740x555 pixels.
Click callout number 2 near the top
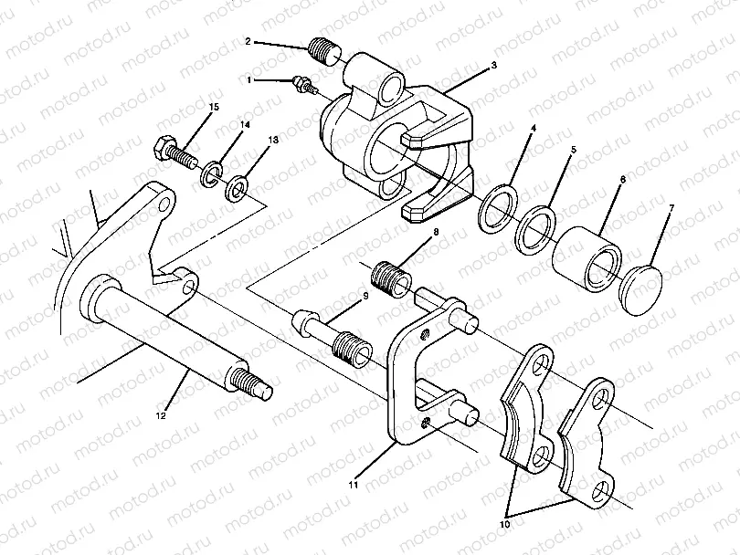(248, 41)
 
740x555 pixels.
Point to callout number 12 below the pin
(161, 415)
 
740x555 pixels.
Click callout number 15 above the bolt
(214, 108)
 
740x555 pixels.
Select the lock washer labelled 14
(212, 172)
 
